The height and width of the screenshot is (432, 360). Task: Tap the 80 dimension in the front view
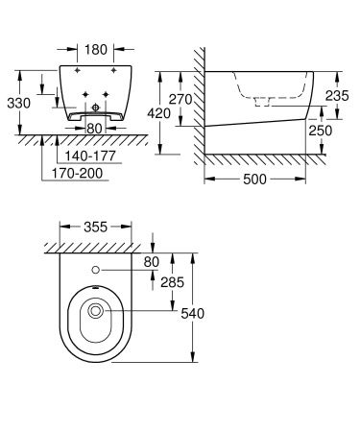point(94,127)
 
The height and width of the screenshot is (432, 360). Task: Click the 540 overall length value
point(192,313)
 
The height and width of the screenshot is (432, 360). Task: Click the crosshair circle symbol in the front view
point(93,108)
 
